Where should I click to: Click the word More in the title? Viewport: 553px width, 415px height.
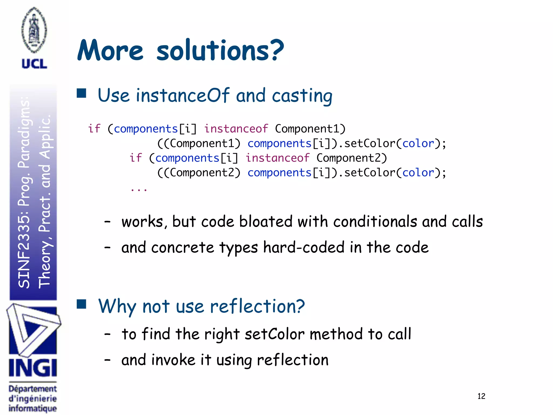click(x=110, y=51)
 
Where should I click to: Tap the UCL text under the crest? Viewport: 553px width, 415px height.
click(x=34, y=64)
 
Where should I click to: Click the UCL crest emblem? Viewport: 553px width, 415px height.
click(x=34, y=30)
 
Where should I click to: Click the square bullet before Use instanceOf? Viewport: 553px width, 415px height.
click(x=81, y=93)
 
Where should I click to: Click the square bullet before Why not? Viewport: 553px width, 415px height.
click(x=81, y=304)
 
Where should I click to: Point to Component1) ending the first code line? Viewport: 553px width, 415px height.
click(x=310, y=129)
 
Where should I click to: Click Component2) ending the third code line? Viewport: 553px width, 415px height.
click(x=352, y=158)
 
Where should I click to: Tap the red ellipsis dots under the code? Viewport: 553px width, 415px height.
click(x=139, y=190)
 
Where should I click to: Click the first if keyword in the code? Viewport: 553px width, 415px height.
click(x=94, y=129)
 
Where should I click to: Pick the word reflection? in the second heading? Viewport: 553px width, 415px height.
click(x=257, y=307)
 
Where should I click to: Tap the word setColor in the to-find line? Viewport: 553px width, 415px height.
click(x=275, y=334)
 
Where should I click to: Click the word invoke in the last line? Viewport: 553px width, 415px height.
click(x=173, y=360)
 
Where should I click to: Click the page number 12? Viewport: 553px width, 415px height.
click(x=481, y=396)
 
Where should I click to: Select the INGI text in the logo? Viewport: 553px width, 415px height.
click(x=33, y=368)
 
